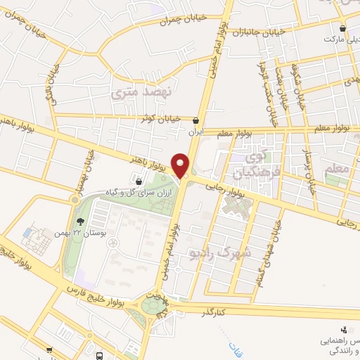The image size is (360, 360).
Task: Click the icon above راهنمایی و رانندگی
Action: pyautogui.click(x=342, y=328)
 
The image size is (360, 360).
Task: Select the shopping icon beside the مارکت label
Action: pyautogui.click(x=342, y=29)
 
